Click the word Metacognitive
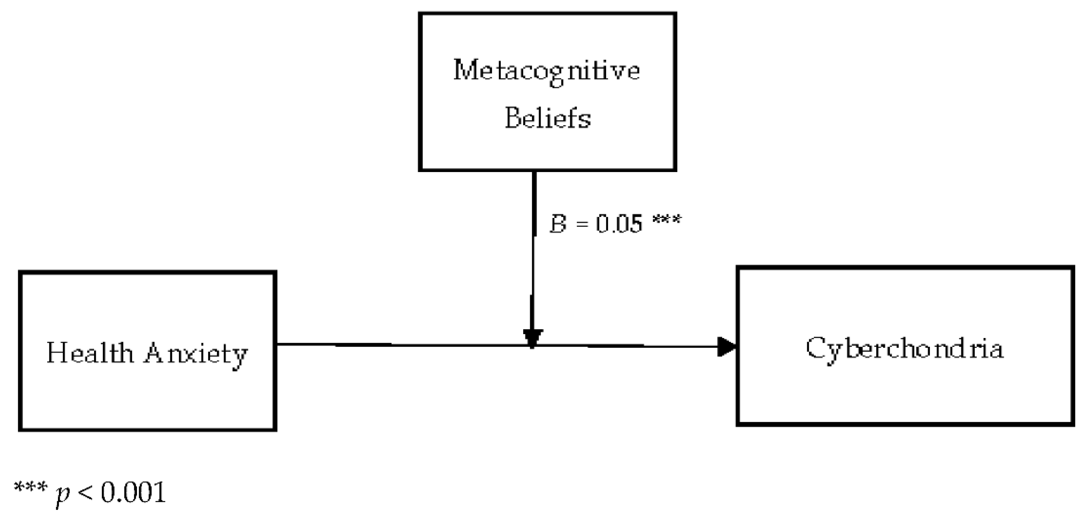pos(546,71)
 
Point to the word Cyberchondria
pos(905,349)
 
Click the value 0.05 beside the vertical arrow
pos(619,224)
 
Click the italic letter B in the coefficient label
pos(558,224)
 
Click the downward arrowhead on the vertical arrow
pos(532,338)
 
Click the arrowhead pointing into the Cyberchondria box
pos(727,347)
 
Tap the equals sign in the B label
pos(581,224)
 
